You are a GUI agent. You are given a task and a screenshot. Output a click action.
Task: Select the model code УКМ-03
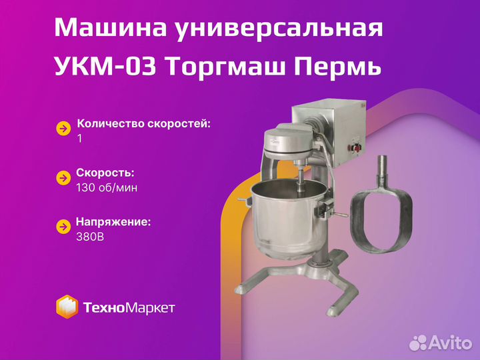click(x=105, y=67)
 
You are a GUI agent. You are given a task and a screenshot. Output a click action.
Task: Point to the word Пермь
click(x=338, y=67)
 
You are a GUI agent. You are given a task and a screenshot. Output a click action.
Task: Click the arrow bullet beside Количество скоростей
click(x=64, y=129)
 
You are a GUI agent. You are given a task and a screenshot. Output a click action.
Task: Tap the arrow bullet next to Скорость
click(x=64, y=178)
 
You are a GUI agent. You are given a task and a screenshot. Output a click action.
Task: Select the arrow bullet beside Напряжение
click(x=64, y=227)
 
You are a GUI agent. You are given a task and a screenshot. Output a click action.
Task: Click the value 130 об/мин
click(x=107, y=187)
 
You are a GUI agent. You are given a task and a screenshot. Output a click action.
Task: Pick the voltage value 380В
click(x=90, y=237)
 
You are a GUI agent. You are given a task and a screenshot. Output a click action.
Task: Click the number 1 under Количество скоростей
click(x=80, y=139)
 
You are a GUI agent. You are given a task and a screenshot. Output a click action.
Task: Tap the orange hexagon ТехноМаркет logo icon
click(x=67, y=307)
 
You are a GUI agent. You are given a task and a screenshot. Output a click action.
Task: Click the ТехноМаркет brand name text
click(x=129, y=307)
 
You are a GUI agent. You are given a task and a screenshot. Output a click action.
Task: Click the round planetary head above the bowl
click(x=289, y=143)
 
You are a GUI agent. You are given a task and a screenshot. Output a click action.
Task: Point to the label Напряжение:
click(x=113, y=222)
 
